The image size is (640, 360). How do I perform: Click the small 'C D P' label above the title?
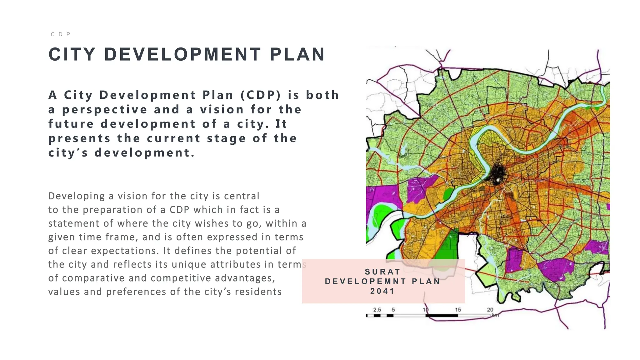coord(61,34)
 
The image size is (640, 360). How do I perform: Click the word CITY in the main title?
coord(72,54)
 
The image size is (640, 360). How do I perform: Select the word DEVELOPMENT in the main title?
coord(182,54)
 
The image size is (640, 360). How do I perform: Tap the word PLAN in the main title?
coord(297,54)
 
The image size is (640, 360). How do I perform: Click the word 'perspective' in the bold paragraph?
coord(105,110)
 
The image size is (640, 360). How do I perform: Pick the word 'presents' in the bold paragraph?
coord(79,138)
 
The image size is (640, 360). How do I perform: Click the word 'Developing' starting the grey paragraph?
coord(76,196)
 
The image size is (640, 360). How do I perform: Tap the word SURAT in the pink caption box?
coord(382,272)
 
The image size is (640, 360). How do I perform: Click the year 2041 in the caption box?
coord(382,291)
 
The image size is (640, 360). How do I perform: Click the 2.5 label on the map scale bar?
coord(377,310)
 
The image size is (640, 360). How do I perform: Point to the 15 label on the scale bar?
coord(458,310)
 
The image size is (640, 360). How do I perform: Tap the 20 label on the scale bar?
coord(490,310)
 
